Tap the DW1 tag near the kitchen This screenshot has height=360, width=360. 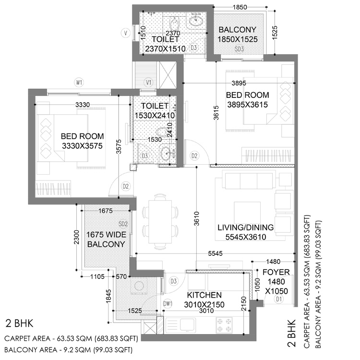[x=168, y=304]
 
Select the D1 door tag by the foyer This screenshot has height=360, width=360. [x=279, y=300]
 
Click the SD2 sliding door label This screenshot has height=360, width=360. [x=123, y=224]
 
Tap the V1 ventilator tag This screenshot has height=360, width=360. [x=149, y=82]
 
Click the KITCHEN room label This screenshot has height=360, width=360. [x=204, y=295]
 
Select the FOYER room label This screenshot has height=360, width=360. [x=273, y=271]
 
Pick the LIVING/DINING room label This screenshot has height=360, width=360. [x=245, y=227]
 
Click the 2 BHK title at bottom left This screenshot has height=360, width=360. [x=19, y=322]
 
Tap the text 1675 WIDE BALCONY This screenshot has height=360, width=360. [x=106, y=239]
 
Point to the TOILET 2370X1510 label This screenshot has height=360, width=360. [x=165, y=43]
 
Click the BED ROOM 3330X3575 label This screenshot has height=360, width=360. [x=82, y=141]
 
